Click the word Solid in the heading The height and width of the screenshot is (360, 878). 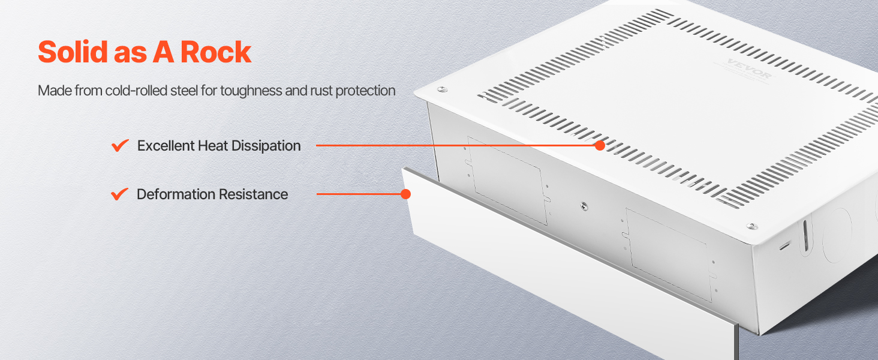[73, 52]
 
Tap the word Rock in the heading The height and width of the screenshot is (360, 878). [215, 52]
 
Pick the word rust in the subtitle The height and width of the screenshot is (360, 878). [321, 91]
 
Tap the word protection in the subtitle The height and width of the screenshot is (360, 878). [365, 91]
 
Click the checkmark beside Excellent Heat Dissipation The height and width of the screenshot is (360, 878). [120, 145]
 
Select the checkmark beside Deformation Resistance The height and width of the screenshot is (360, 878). [119, 194]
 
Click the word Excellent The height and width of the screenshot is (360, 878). [166, 146]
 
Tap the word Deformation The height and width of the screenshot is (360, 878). [176, 194]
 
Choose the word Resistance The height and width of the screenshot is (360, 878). [253, 194]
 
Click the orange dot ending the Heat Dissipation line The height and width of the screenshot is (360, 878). [600, 145]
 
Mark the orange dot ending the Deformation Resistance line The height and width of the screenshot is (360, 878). [405, 194]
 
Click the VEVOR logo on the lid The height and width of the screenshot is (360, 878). [748, 68]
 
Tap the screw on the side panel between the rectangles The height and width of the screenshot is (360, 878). [584, 205]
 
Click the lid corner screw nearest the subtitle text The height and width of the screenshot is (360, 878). [442, 89]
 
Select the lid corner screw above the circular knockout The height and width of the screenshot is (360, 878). [752, 226]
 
